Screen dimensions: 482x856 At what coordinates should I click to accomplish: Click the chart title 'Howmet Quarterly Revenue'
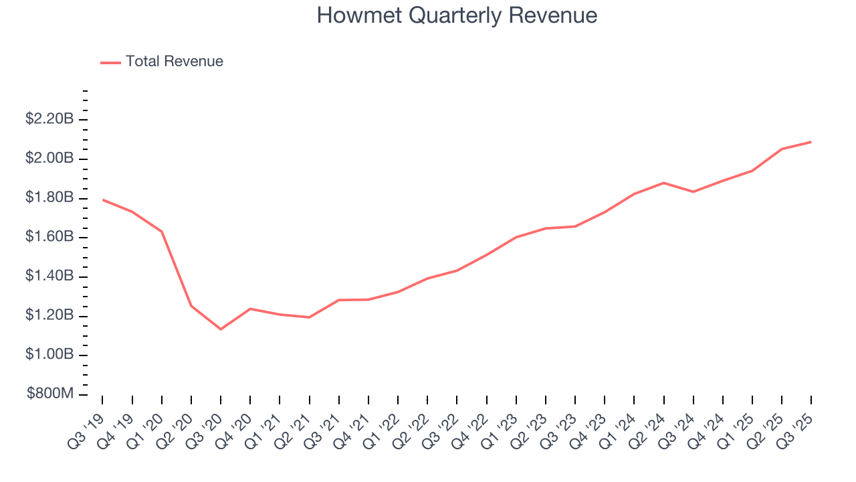coord(457,15)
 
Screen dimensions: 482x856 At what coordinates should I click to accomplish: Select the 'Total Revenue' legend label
coord(174,62)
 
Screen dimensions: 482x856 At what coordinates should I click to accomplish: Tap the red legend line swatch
coord(110,62)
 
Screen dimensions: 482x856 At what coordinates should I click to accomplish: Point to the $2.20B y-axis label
coord(49,119)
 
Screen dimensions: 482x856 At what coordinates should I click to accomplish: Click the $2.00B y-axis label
coord(49,159)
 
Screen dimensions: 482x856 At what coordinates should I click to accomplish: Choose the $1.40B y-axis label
coord(49,276)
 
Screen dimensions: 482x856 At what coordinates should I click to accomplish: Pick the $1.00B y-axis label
coord(49,354)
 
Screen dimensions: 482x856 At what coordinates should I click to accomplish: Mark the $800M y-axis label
coord(50,394)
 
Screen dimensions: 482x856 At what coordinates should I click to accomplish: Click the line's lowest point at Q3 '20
coord(221,329)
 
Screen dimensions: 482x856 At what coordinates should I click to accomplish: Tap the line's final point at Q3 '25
coord(811,142)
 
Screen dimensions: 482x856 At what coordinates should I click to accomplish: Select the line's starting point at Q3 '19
coord(102,199)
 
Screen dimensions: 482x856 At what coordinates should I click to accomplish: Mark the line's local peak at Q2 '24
coord(663,183)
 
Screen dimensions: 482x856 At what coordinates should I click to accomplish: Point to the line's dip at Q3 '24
coord(693,192)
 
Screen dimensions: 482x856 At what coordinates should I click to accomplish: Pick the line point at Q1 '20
coord(161,232)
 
